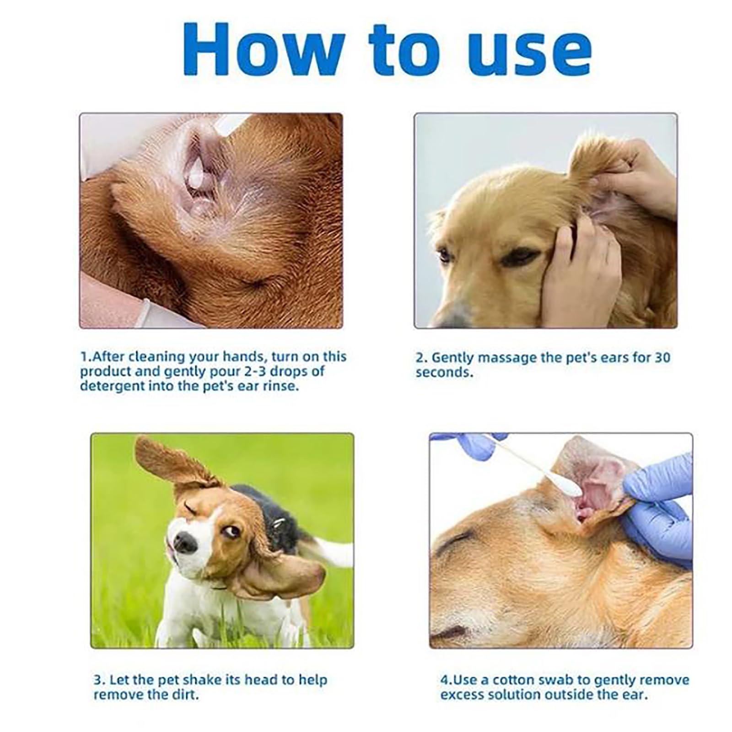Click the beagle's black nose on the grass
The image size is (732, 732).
point(185,543)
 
